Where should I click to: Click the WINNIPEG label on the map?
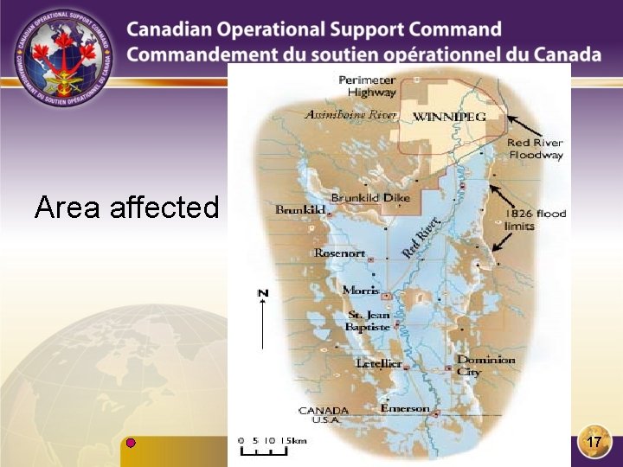pyautogui.click(x=449, y=116)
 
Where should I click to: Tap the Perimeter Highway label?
pyautogui.click(x=367, y=86)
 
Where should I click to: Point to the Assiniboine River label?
pyautogui.click(x=350, y=114)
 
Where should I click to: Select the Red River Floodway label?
pyautogui.click(x=535, y=149)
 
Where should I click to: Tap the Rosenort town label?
pyautogui.click(x=339, y=253)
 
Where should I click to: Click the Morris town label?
pyautogui.click(x=361, y=291)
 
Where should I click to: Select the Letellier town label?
pyautogui.click(x=379, y=363)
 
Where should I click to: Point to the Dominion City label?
pyautogui.click(x=485, y=365)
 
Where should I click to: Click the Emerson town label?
pyautogui.click(x=404, y=408)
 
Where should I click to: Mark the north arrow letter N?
pyautogui.click(x=263, y=293)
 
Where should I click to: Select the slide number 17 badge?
pyautogui.click(x=593, y=441)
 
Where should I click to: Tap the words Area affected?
pyautogui.click(x=126, y=208)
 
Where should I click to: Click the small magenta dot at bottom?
pyautogui.click(x=131, y=443)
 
